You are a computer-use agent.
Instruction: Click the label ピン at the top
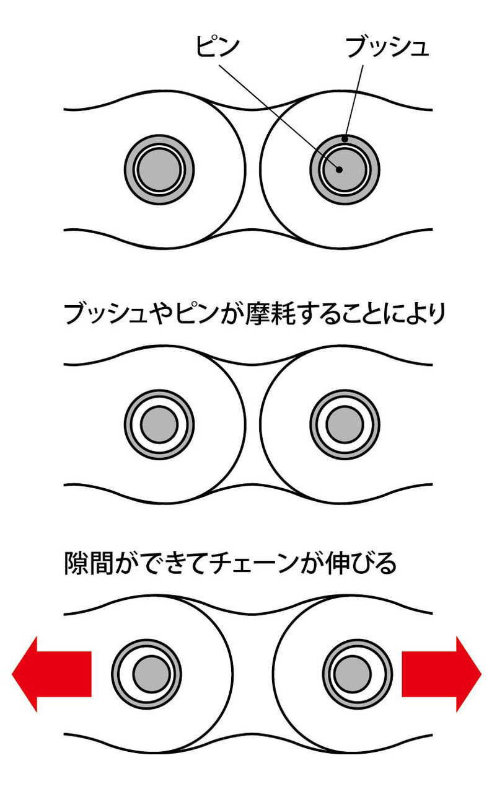tap(218, 46)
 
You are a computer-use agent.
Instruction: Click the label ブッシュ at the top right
tap(387, 47)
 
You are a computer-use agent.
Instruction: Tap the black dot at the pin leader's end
tap(340, 170)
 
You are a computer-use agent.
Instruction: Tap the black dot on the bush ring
tap(345, 140)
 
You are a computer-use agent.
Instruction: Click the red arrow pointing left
tap(51, 674)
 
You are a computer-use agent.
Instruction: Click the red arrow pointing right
tap(441, 674)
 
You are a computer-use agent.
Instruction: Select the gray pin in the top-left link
tap(159, 170)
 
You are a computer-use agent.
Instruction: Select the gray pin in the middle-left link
tap(159, 425)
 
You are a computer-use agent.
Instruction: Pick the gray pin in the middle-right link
tap(345, 425)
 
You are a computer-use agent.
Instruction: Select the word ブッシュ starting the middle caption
tap(105, 314)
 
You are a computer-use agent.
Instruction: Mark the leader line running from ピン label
tap(279, 117)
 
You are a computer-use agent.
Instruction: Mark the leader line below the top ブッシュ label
tap(354, 102)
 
